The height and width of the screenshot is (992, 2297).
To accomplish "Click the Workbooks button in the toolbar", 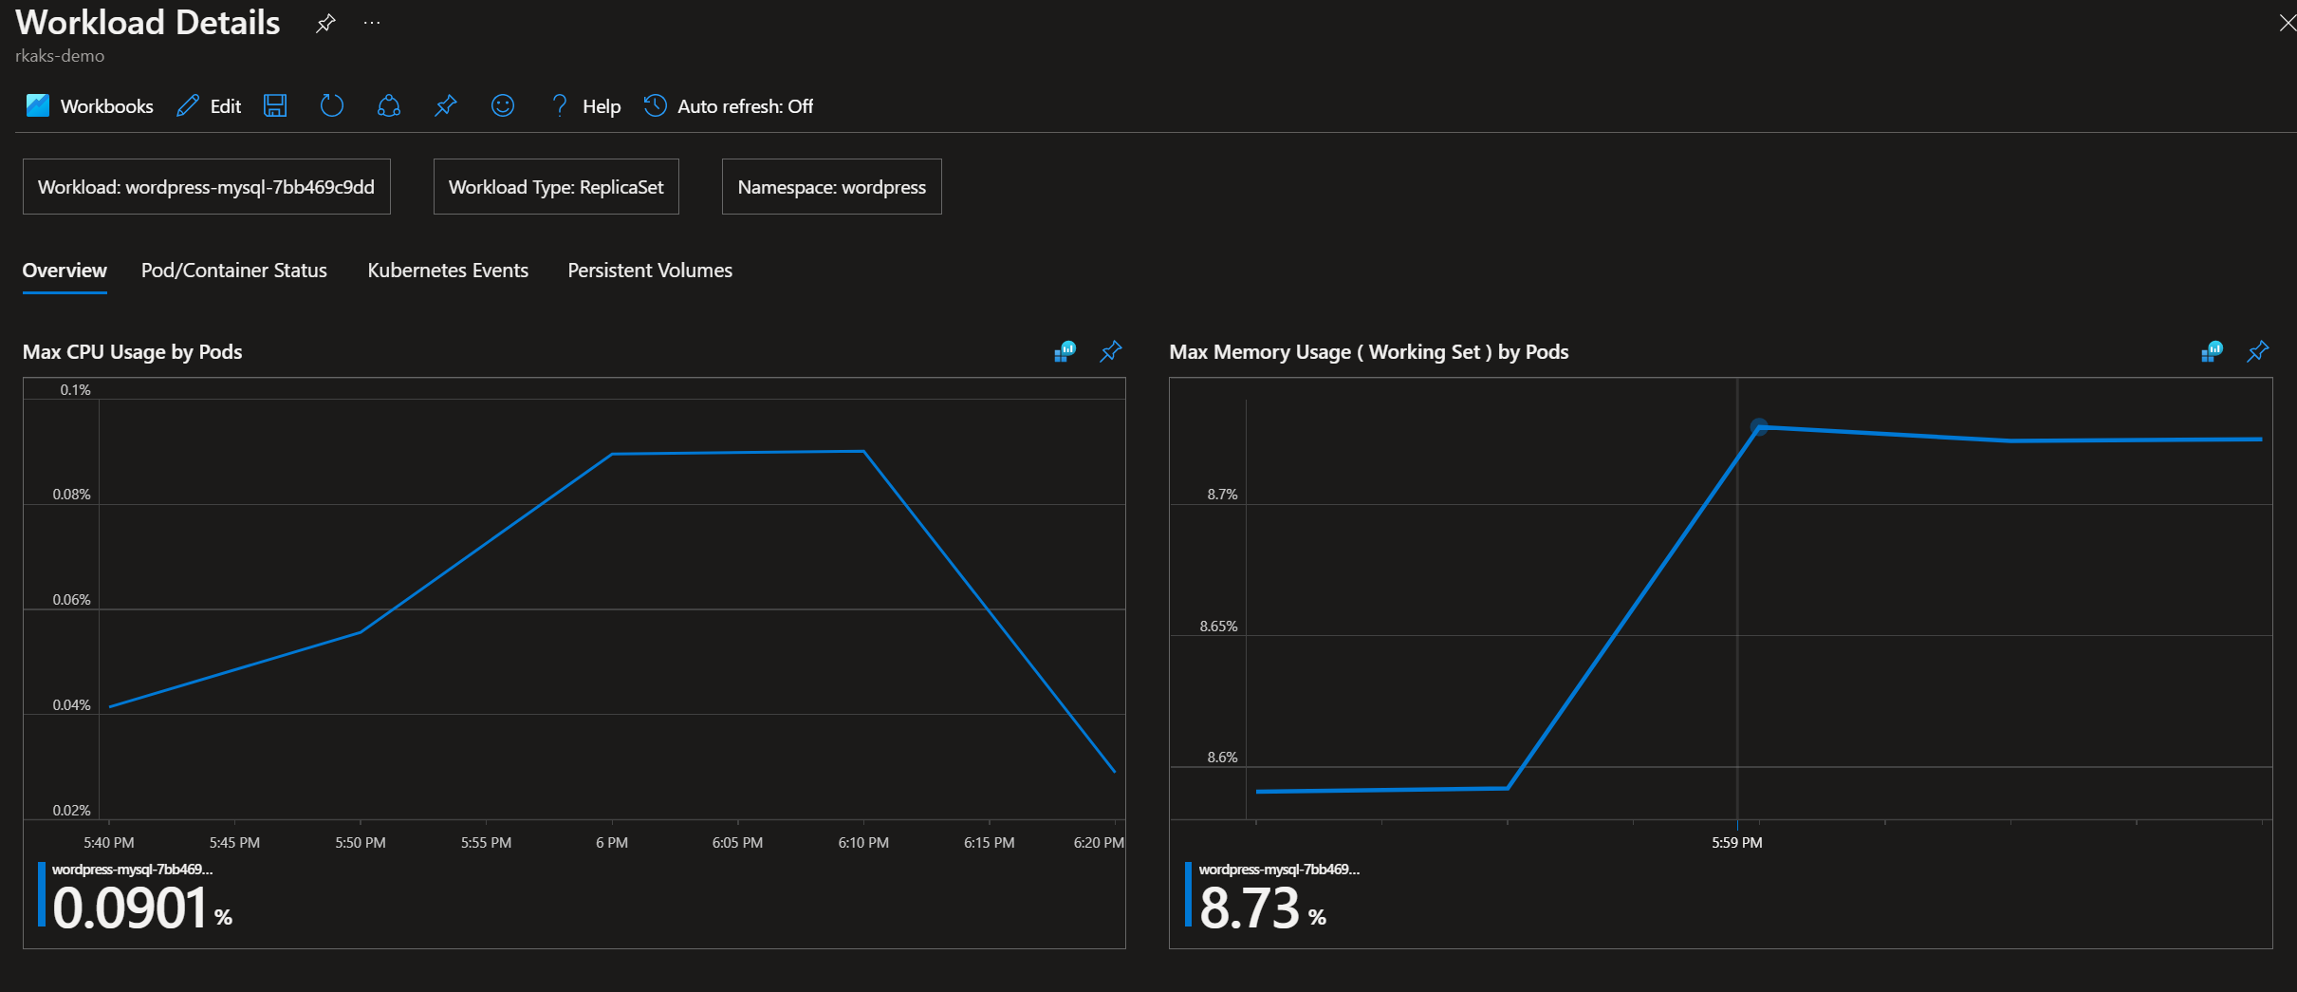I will pos(90,106).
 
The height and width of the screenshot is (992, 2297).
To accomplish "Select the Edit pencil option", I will pos(210,106).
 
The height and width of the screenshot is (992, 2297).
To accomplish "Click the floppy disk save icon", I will pos(275,105).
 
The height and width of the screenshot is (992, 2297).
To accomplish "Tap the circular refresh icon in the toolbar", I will pos(331,105).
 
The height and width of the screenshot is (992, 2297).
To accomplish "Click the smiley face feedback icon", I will pos(503,105).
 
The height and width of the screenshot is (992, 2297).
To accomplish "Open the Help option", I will pos(586,106).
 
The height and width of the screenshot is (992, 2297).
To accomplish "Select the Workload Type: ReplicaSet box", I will pos(556,187).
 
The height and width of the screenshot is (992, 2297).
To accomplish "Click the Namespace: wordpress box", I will pos(831,187).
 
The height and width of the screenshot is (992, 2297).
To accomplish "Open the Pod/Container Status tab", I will pos(233,271).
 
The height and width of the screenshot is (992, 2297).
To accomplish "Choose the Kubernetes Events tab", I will pos(448,271).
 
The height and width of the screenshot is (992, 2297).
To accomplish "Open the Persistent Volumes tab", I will pos(650,271).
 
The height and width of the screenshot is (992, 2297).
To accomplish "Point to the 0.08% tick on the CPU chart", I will pos(71,495).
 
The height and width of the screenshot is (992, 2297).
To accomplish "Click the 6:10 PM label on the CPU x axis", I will pos(863,843).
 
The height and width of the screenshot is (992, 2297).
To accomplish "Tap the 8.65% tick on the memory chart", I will pos(1218,627).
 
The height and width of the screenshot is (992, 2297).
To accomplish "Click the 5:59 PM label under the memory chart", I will pos(1736,843).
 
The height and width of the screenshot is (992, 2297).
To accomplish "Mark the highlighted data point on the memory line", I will pos(1759,427).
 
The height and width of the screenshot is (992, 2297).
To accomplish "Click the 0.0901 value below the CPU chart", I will pos(130,908).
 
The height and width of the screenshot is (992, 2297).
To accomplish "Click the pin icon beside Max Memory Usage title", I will pos(2257,352).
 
